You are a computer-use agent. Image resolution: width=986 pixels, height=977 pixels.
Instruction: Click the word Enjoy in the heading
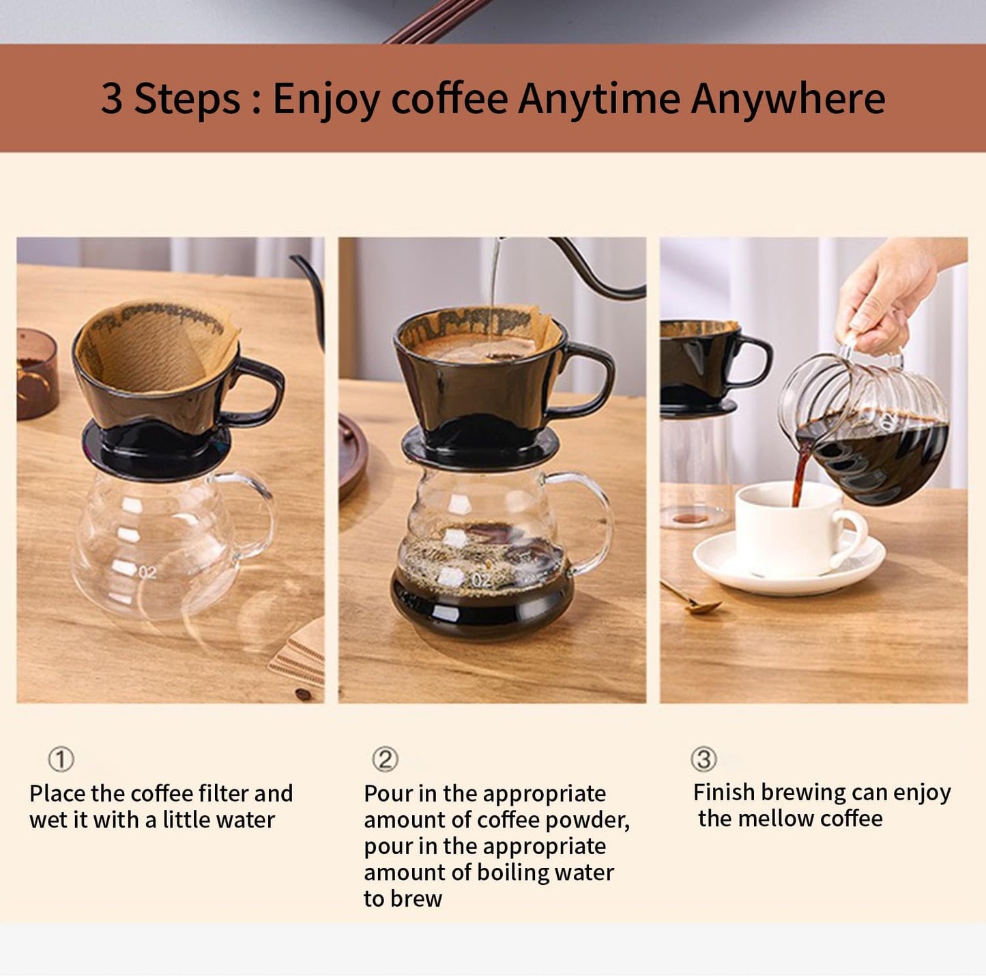point(327,99)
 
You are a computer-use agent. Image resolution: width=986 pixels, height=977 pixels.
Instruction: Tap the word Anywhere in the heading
point(787,99)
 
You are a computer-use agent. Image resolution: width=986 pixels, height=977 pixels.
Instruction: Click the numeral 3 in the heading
point(111,99)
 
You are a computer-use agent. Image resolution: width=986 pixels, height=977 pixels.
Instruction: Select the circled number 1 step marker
point(61,759)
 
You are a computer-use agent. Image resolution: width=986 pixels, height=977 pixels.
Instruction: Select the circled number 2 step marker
point(384,759)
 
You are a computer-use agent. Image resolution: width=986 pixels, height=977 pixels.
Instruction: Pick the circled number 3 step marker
point(703,759)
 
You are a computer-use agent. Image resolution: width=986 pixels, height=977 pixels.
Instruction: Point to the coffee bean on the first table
point(303,695)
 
